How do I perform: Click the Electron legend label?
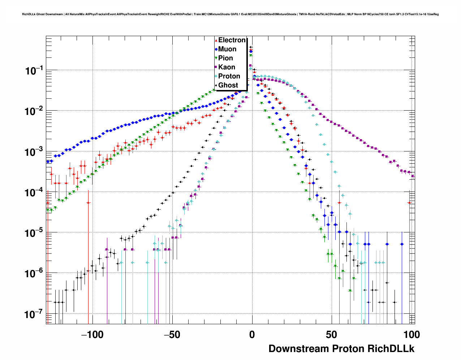(x=232, y=40)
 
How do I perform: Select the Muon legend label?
(x=227, y=49)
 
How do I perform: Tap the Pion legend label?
(x=225, y=58)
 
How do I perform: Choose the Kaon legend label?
(x=227, y=67)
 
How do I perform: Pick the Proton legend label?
(x=229, y=76)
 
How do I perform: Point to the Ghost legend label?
(x=228, y=85)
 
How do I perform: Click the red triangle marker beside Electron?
(x=216, y=40)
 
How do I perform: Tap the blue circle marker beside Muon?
(x=216, y=50)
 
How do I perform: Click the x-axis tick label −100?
(x=92, y=335)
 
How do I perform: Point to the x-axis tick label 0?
(x=252, y=335)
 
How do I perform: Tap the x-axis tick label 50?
(x=331, y=335)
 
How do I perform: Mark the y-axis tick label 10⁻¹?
(x=34, y=71)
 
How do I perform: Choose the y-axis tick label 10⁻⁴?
(x=34, y=193)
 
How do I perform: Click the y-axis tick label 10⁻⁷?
(x=34, y=314)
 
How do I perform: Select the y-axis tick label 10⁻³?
(x=34, y=152)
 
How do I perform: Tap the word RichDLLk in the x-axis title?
(x=391, y=349)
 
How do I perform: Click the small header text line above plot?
(x=230, y=14)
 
